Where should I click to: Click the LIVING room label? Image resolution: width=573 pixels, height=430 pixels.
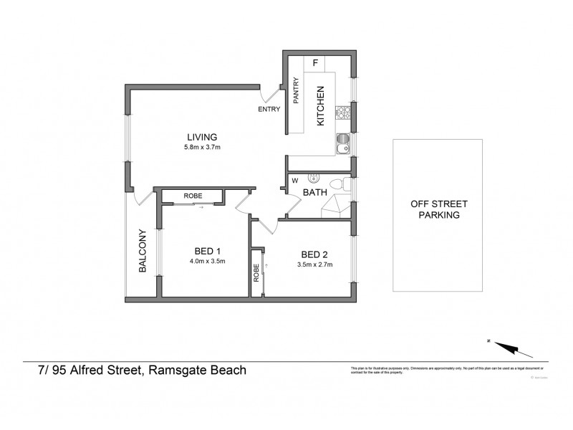click(202, 138)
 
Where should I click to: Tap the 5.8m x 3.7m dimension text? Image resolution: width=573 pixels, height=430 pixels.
click(202, 148)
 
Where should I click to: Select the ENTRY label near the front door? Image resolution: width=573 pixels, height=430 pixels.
click(269, 110)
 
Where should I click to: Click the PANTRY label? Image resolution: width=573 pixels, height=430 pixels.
click(295, 92)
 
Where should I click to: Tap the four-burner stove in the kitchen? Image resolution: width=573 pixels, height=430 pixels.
click(343, 113)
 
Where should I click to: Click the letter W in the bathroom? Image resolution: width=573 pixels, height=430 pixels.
click(294, 181)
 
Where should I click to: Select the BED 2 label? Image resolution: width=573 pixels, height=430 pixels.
click(314, 254)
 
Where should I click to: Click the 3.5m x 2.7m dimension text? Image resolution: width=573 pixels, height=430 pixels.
click(314, 265)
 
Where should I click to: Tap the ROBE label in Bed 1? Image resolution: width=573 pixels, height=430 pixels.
click(193, 195)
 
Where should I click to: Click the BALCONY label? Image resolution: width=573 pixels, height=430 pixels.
click(143, 251)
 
